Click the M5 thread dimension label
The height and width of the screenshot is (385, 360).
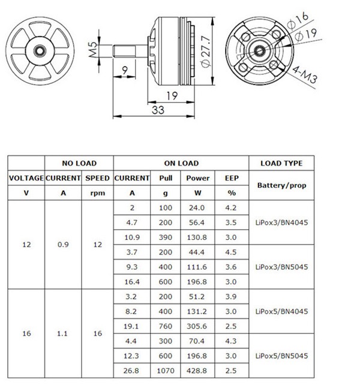[93, 50]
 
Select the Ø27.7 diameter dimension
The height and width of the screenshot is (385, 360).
[206, 51]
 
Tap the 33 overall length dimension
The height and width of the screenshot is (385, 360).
[158, 110]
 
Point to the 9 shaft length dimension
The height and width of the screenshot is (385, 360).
[125, 71]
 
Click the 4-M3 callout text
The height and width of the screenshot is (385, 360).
[305, 74]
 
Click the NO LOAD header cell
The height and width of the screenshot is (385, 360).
[79, 163]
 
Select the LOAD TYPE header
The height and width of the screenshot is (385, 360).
[281, 163]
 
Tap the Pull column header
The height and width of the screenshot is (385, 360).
[166, 178]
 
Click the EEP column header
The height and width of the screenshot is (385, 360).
[232, 178]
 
